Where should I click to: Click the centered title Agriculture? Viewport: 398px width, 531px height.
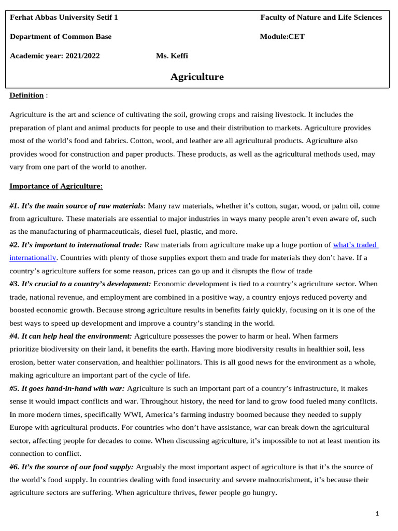click(x=197, y=77)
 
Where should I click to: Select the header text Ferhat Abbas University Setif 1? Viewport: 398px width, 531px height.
click(x=64, y=17)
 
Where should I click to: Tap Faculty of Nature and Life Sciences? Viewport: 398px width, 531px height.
click(x=321, y=17)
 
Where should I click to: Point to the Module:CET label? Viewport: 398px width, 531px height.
click(x=282, y=36)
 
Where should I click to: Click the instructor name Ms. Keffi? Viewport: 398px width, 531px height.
click(x=172, y=55)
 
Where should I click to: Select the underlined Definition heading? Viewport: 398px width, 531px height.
click(x=26, y=95)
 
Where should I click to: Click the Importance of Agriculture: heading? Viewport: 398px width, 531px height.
click(x=56, y=186)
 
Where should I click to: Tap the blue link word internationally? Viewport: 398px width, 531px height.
click(x=32, y=257)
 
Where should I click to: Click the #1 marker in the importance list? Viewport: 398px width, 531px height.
click(x=14, y=206)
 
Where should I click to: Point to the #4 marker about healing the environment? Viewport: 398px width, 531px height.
click(x=14, y=336)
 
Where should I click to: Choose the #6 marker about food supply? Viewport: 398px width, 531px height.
click(x=14, y=467)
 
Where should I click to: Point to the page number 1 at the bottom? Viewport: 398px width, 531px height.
click(x=377, y=513)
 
